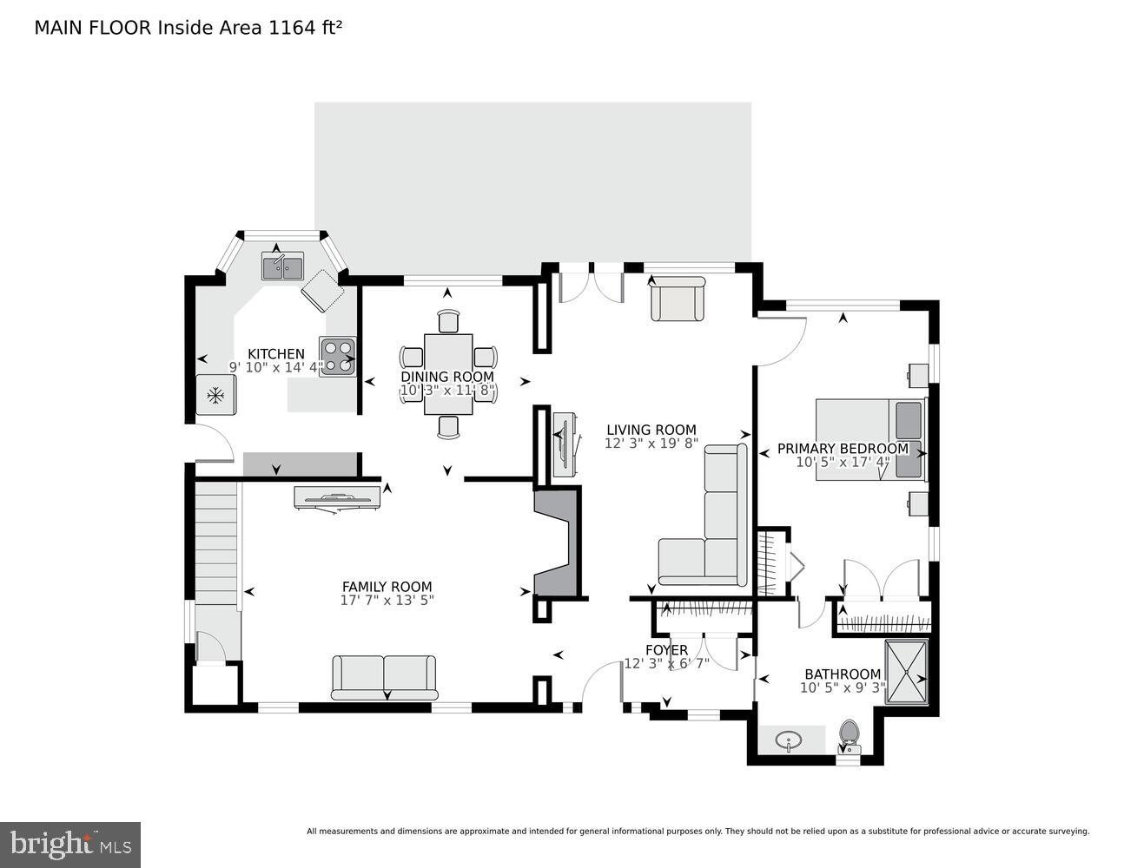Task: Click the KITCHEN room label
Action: (x=276, y=353)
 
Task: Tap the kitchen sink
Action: (x=283, y=266)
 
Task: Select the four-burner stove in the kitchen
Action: (x=337, y=356)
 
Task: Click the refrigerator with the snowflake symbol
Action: (x=215, y=396)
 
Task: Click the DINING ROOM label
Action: (x=447, y=377)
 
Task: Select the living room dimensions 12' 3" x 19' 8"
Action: (x=651, y=444)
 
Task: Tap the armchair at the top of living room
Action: (x=678, y=299)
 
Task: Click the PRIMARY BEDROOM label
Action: (x=843, y=449)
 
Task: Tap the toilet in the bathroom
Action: (x=848, y=735)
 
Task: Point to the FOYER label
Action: (x=666, y=650)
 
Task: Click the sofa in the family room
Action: (x=384, y=677)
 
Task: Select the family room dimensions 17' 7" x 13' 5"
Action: (x=387, y=600)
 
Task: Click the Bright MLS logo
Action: (x=70, y=844)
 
